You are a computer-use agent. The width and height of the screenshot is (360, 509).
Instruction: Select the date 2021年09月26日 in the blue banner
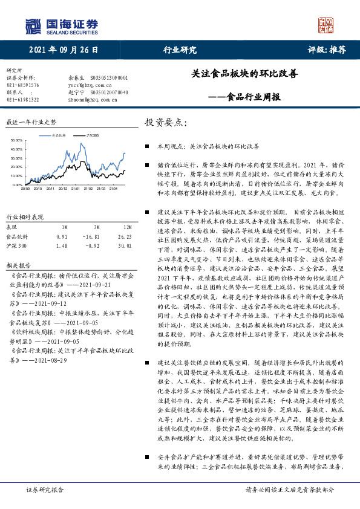[x=61, y=50]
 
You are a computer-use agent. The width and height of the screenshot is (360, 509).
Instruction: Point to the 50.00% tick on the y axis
[x=16, y=141]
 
